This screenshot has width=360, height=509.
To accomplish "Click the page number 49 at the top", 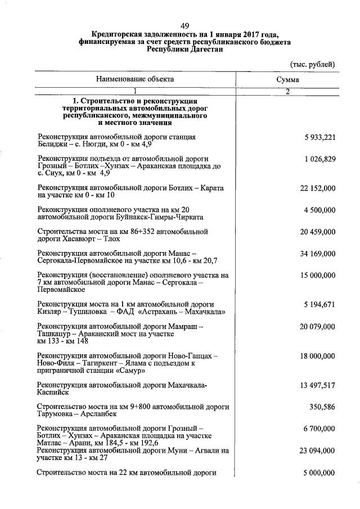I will [x=185, y=26].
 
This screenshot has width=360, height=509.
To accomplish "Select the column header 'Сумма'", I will [x=287, y=80].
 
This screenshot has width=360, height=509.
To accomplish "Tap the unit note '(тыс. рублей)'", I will [x=312, y=64].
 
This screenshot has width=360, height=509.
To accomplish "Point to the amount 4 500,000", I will [x=319, y=210].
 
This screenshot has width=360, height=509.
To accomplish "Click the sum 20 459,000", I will [x=318, y=231].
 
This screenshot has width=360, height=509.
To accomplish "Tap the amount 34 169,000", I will [x=318, y=254].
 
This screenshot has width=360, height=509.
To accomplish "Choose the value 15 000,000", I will [x=318, y=276].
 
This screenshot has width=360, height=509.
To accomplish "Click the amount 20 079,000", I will [x=318, y=327].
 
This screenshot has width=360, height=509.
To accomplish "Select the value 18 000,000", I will [x=318, y=356].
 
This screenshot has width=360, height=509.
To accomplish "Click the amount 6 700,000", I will [x=319, y=429].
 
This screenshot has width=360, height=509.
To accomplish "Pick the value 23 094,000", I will [x=318, y=451].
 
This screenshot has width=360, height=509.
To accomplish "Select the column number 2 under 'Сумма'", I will [x=287, y=92].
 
